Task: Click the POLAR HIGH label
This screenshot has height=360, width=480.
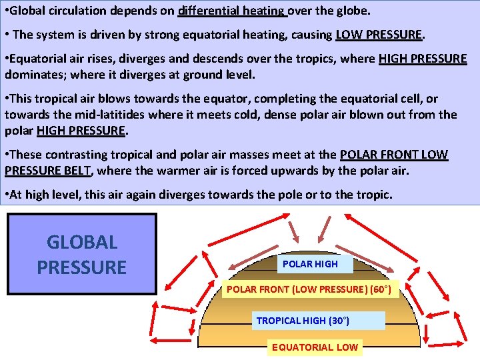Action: (x=310, y=264)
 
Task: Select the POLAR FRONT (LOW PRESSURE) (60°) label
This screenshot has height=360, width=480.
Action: (x=310, y=289)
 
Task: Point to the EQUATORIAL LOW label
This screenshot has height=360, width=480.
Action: (x=314, y=347)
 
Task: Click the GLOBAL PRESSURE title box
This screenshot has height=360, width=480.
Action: (x=81, y=254)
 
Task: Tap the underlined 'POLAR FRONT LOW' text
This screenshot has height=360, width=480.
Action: (x=394, y=155)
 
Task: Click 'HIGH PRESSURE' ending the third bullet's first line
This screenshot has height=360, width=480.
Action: (x=423, y=59)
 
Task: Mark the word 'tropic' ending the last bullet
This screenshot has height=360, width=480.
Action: (x=375, y=195)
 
